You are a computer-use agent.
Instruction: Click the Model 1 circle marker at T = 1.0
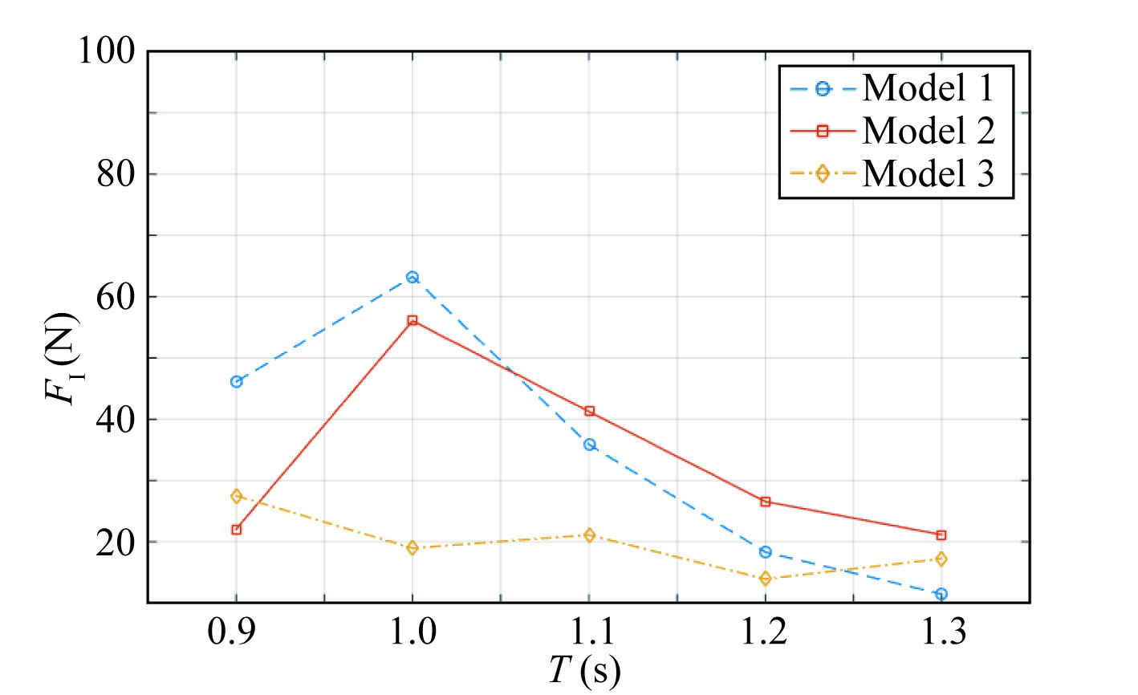[413, 277]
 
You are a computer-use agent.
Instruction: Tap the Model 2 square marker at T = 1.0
[413, 320]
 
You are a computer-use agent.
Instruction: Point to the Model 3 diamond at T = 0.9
[236, 496]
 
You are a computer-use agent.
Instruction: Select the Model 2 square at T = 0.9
[236, 530]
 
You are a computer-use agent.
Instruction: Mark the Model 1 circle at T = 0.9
[236, 382]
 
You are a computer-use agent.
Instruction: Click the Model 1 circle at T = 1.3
[941, 594]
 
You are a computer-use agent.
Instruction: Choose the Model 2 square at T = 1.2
[765, 502]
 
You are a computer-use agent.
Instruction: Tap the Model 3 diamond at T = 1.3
[941, 559]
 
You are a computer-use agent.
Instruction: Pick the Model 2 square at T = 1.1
[589, 411]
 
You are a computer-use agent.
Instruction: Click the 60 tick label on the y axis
[116, 297]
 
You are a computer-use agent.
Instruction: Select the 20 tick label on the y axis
[116, 543]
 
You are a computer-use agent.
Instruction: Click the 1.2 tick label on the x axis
[765, 634]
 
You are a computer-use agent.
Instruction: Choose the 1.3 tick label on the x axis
[941, 634]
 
